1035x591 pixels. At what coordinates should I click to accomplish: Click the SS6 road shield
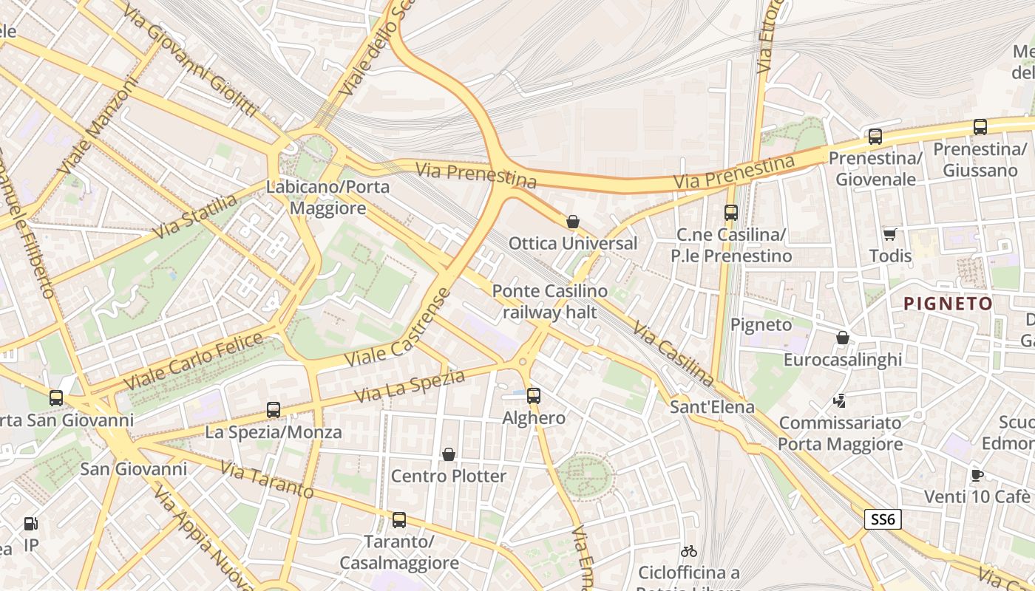pos(883,519)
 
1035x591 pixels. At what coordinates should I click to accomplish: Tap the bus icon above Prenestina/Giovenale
pos(875,136)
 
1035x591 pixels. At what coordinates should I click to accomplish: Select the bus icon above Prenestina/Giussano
pos(980,127)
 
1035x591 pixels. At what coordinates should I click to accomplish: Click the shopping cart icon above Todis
pos(889,234)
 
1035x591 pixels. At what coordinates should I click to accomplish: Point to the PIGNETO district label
pos(949,304)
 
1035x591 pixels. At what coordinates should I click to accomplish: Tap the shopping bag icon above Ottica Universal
pos(572,221)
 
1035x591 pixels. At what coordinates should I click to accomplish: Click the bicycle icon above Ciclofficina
pos(689,551)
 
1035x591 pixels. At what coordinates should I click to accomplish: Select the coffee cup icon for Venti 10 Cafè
pos(977,475)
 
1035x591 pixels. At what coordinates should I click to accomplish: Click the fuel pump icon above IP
pos(31,524)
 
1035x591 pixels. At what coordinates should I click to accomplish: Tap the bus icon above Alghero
pos(534,396)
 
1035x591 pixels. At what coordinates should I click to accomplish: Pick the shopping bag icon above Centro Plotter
pos(448,454)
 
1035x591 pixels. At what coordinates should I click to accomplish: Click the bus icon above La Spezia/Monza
pos(274,409)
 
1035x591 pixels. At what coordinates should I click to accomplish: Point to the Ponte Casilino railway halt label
pos(549,301)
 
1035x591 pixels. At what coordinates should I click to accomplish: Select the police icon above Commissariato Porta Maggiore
pos(839,401)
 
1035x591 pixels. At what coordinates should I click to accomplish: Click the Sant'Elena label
pos(712,407)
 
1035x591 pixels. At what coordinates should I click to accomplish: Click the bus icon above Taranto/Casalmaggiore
pos(399,519)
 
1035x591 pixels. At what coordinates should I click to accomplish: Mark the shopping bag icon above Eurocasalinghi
pos(842,338)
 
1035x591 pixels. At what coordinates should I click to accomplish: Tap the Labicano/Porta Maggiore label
pos(328,197)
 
